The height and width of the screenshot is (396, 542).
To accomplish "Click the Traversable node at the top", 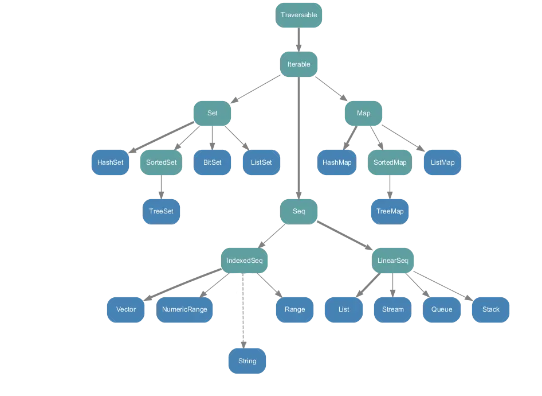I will click(299, 15).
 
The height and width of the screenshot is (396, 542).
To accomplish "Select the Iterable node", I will click(299, 64).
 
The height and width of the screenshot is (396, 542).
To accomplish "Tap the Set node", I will click(212, 113).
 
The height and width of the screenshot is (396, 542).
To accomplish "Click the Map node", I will click(363, 113).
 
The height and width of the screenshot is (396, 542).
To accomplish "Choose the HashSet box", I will click(111, 162).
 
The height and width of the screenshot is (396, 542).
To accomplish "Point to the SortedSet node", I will click(161, 162).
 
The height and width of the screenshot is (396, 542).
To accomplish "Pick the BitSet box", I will click(212, 162).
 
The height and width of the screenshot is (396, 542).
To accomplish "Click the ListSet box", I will click(261, 162).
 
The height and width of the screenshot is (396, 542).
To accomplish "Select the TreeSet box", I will click(161, 211).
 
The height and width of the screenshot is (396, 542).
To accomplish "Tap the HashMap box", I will click(337, 162).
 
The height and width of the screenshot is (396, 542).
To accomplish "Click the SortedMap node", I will click(390, 162).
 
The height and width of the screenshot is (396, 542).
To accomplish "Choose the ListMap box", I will click(442, 162).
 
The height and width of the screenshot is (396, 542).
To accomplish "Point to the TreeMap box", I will click(390, 211).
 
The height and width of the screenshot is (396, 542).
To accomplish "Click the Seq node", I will click(299, 211).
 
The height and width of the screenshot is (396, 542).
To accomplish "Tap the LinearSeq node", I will click(393, 261).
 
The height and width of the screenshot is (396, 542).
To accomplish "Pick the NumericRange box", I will click(184, 309).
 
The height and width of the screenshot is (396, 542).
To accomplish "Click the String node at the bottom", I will click(248, 361).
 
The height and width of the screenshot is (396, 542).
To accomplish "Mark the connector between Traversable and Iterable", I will click(299, 40).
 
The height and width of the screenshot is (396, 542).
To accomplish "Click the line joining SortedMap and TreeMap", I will click(390, 187).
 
